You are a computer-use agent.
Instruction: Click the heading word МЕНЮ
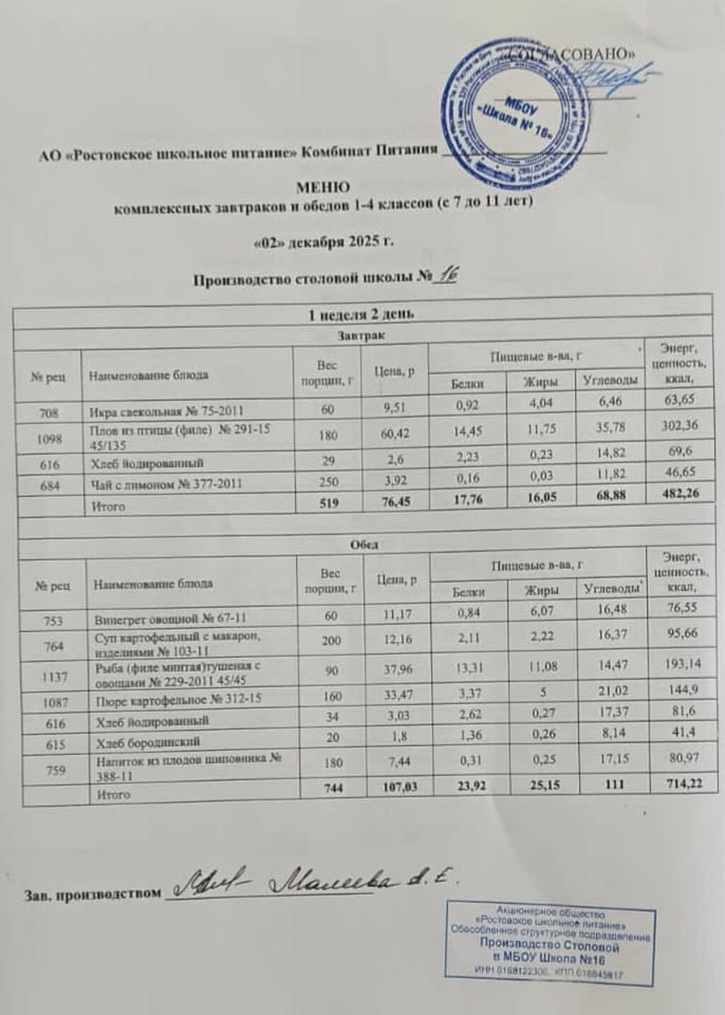tap(322, 188)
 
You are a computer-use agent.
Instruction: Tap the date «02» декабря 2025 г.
tap(323, 242)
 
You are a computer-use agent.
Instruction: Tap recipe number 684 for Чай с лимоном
tap(49, 484)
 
